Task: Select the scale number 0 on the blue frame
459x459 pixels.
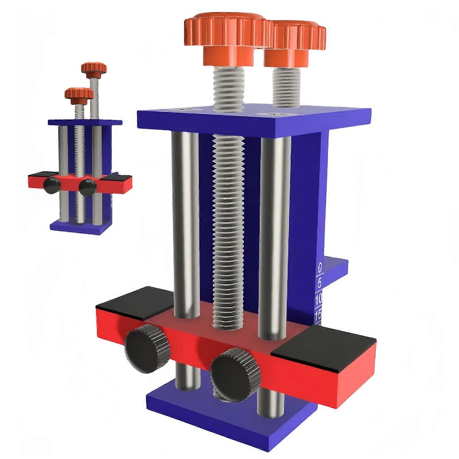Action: pyautogui.click(x=320, y=268)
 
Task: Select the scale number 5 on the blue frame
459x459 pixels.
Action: pyautogui.click(x=320, y=283)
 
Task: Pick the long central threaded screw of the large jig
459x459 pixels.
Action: pyautogui.click(x=228, y=229)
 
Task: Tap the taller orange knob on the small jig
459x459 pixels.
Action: pyautogui.click(x=94, y=68)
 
